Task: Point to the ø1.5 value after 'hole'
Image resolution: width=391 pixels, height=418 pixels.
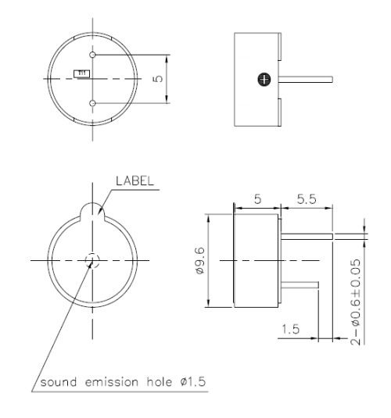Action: (189, 383)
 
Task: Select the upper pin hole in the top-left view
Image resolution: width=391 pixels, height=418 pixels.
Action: (93, 55)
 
